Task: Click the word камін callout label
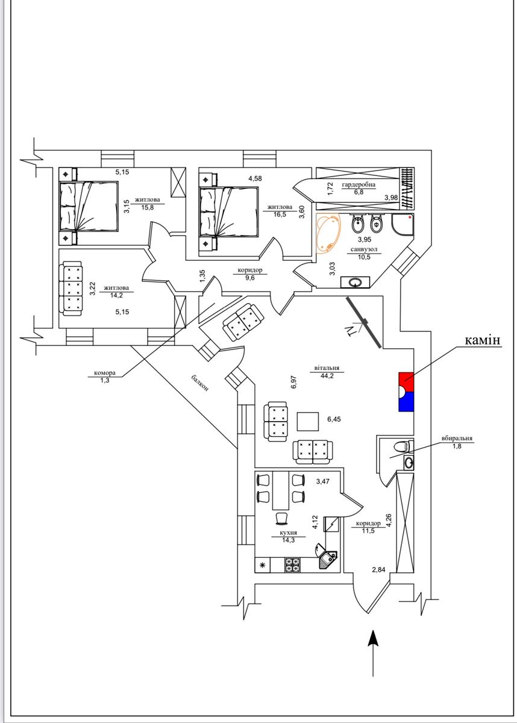(x=483, y=340)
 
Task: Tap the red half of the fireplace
(x=406, y=381)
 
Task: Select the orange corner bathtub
(x=328, y=233)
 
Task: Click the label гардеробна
(x=359, y=184)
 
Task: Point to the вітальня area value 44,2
(x=327, y=376)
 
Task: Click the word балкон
(x=199, y=383)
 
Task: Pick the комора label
(x=105, y=373)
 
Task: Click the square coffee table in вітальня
(x=307, y=422)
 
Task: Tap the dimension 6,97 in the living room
(x=293, y=383)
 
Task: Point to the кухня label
(x=289, y=533)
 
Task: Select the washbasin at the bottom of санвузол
(x=355, y=282)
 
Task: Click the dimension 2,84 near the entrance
(x=378, y=570)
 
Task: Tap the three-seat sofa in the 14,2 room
(x=70, y=289)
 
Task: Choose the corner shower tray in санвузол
(x=403, y=224)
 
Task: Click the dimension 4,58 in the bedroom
(x=255, y=178)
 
